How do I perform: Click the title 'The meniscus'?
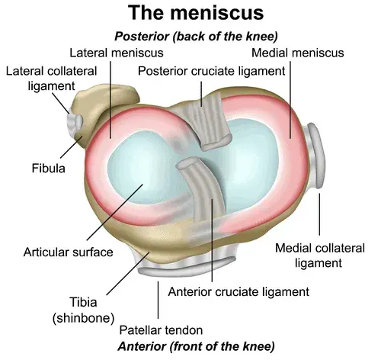tap(196, 13)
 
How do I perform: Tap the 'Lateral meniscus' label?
tap(117, 53)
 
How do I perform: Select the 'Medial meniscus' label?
tap(297, 53)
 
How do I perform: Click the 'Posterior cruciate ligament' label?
tap(211, 71)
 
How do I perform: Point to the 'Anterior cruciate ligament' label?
tap(239, 292)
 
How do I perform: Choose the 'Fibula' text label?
tap(49, 169)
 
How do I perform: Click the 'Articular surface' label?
tap(68, 252)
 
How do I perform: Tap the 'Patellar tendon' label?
tap(161, 330)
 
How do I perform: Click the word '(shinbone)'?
tap(83, 318)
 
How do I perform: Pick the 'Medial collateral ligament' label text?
tap(320, 256)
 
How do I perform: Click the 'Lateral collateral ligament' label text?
tap(51, 79)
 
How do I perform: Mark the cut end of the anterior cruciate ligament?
tap(187, 163)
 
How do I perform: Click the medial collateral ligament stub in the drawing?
tap(315, 155)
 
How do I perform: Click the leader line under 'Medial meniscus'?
tap(290, 100)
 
